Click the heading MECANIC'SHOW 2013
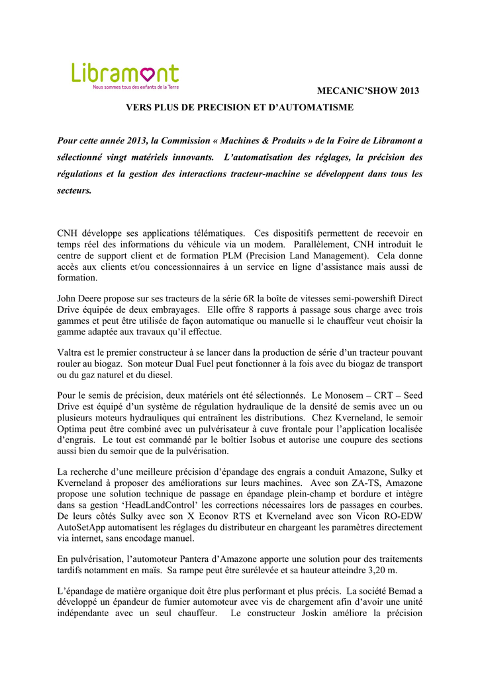click(x=377, y=90)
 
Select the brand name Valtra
click(x=71, y=352)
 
